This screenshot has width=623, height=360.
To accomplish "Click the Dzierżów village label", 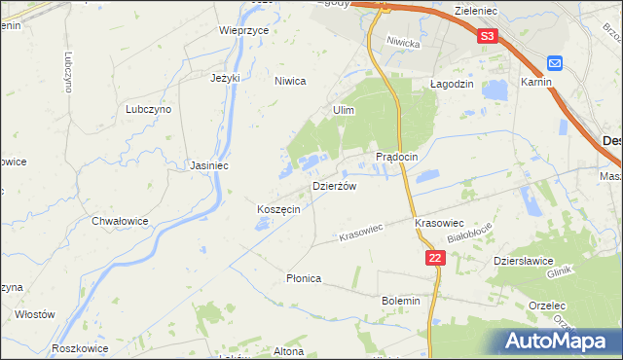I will pyautogui.click(x=334, y=186).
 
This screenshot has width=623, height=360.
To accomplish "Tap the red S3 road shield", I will pyautogui.click(x=489, y=36).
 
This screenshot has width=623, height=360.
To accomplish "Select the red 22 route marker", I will pyautogui.click(x=435, y=258).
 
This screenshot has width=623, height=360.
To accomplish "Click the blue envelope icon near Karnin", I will pyautogui.click(x=554, y=63).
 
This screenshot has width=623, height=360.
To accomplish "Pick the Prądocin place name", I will pyautogui.click(x=397, y=157).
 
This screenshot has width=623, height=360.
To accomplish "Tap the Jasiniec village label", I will pyautogui.click(x=209, y=165).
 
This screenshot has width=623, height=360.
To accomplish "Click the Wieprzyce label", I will pyautogui.click(x=243, y=30).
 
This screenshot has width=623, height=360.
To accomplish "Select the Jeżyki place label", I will pyautogui.click(x=225, y=77).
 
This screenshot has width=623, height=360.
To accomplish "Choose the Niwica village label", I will pyautogui.click(x=290, y=82).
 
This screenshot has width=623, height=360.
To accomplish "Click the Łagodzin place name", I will pyautogui.click(x=452, y=84).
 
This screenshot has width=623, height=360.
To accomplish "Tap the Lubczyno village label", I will pyautogui.click(x=148, y=110).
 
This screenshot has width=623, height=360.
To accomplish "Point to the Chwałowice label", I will pyautogui.click(x=120, y=221).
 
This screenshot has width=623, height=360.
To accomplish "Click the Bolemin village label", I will pyautogui.click(x=401, y=301).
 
